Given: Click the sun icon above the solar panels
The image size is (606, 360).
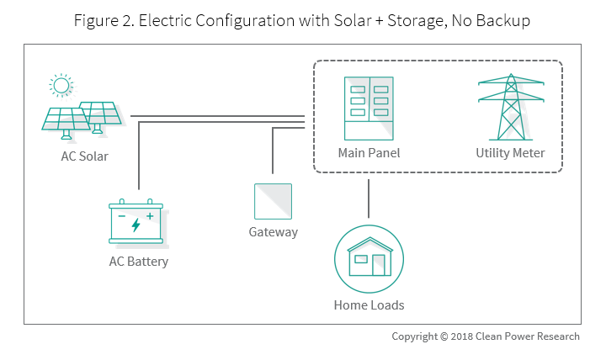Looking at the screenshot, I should [61, 85].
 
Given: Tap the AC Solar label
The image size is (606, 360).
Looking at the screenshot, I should [84, 156].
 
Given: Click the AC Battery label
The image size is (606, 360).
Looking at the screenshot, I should [139, 262].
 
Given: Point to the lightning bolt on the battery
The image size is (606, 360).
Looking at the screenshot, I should [136, 225].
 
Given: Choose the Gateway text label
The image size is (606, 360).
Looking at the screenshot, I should [274, 232].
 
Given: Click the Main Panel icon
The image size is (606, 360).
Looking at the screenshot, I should [369, 109].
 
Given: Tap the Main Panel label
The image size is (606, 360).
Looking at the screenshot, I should [369, 153].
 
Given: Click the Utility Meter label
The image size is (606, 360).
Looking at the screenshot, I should [510, 153].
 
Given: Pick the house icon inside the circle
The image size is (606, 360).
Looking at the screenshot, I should [369, 257].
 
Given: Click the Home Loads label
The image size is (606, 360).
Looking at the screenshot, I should [369, 304].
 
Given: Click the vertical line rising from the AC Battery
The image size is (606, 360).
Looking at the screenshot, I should [139, 160].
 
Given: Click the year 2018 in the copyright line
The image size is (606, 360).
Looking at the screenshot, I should [456, 336].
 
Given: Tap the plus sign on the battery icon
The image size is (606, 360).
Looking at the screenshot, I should [150, 215].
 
